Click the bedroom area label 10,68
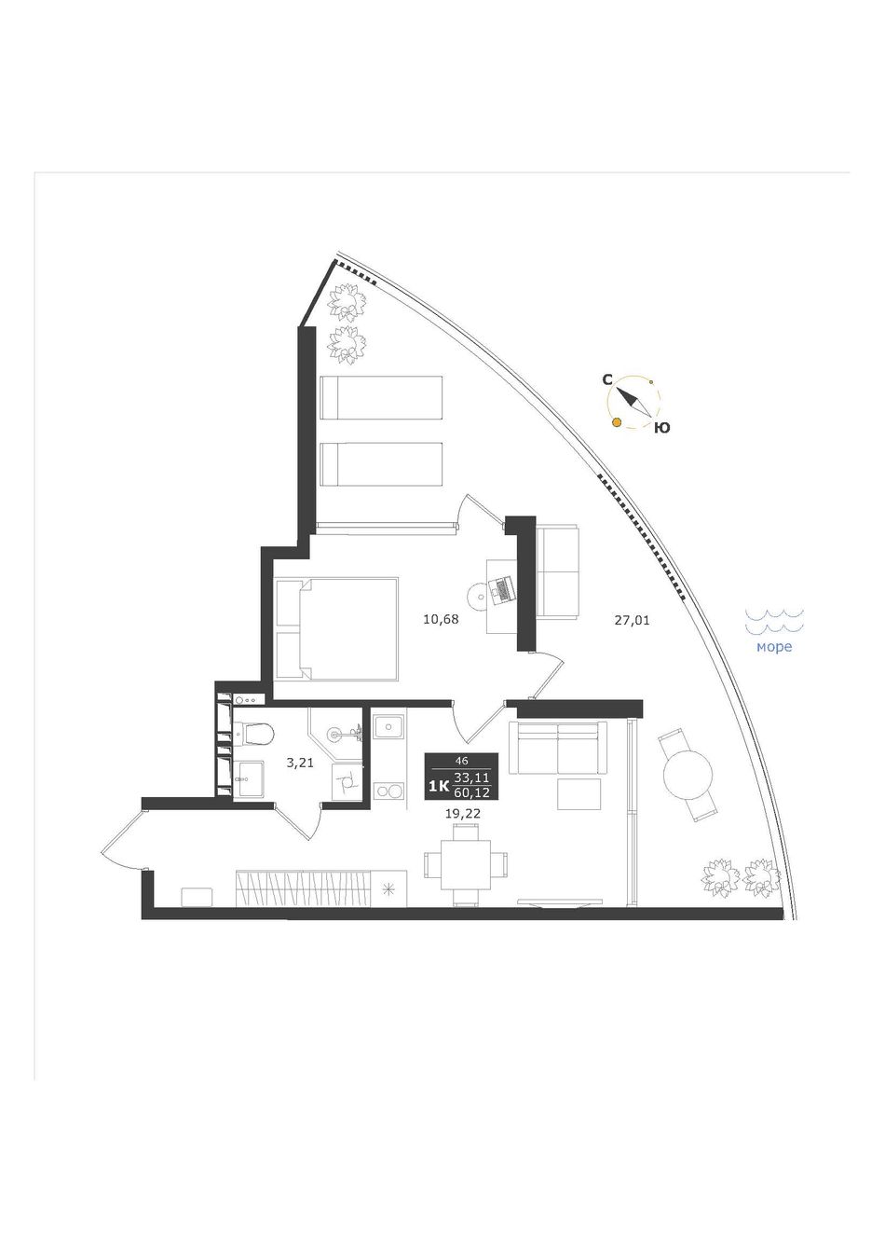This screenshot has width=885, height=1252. (x=442, y=619)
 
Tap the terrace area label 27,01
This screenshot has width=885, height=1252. (x=632, y=620)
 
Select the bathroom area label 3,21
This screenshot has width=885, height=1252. (x=300, y=763)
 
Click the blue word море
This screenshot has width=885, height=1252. (x=774, y=647)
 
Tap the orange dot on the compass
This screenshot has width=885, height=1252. (x=617, y=422)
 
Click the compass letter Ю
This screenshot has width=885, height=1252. (x=661, y=428)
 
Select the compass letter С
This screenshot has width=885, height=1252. (x=607, y=380)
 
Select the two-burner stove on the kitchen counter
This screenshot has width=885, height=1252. (x=388, y=791)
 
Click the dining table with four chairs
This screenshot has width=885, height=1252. (x=466, y=872)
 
